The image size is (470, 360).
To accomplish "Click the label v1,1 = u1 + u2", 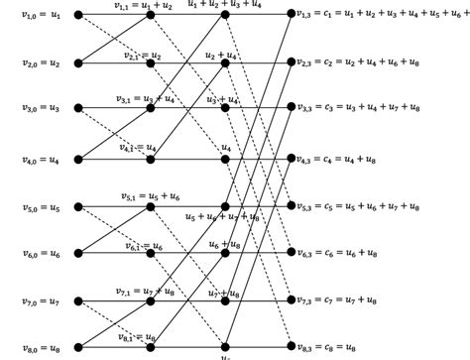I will click(x=144, y=6).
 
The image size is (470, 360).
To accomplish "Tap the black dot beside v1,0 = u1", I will click(x=79, y=16).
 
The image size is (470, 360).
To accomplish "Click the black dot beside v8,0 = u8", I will click(x=79, y=346).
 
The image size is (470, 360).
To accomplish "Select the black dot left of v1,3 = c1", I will click(x=290, y=15).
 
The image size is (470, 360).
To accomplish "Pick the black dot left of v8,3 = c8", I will click(x=290, y=346).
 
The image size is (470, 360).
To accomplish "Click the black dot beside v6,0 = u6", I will click(x=79, y=254).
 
